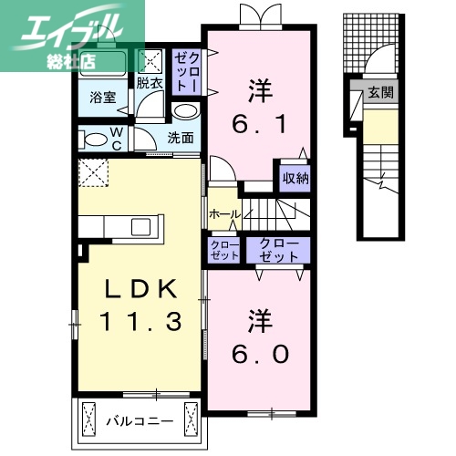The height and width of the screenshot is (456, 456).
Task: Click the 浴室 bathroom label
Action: (102, 98)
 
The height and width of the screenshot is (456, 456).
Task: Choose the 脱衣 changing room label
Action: (150, 83)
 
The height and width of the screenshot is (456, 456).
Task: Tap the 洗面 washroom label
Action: (181, 138)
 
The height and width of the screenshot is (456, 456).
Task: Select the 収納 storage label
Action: (294, 178)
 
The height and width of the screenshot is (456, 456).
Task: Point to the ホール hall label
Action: (223, 214)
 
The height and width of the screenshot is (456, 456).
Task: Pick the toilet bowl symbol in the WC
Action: (94, 140)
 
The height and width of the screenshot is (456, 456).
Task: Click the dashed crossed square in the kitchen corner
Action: (92, 171)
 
